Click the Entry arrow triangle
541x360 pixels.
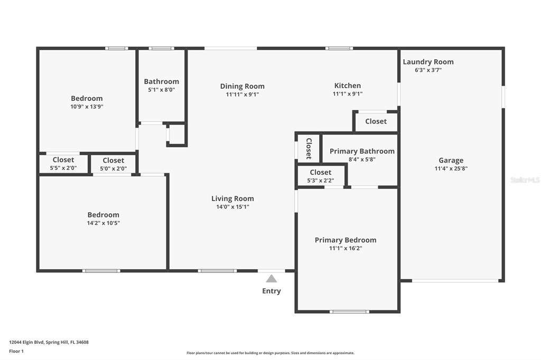click(271, 279)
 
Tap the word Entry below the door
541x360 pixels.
click(272, 291)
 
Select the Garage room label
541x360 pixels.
click(451, 160)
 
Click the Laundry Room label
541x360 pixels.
click(428, 62)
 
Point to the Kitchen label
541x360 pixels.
click(347, 86)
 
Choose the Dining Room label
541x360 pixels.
click(242, 86)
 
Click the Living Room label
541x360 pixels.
click(232, 198)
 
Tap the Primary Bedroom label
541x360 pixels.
click(346, 240)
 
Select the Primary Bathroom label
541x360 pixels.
click(362, 151)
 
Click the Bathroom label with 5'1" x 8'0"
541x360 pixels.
click(161, 81)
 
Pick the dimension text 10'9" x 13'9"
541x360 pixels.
click(87, 106)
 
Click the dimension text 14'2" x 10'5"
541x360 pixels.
click(103, 223)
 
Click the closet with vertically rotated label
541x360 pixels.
click(309, 148)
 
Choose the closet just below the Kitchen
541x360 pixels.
click(376, 121)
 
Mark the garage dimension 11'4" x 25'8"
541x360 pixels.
click(451, 169)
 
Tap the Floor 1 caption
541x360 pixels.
click(17, 351)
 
